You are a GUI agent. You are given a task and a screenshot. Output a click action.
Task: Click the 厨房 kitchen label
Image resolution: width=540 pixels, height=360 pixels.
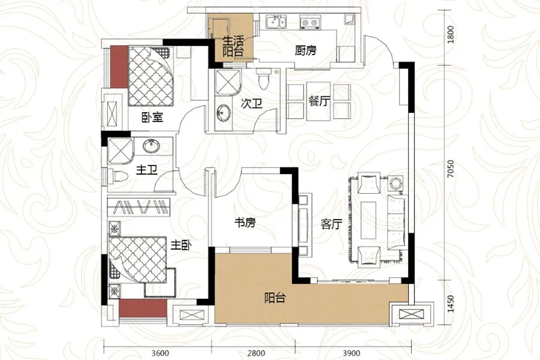(305, 50)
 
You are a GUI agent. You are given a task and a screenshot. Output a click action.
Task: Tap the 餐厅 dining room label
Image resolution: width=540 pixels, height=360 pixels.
(320, 101)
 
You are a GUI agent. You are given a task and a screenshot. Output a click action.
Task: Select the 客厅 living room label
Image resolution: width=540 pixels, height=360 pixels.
(331, 224)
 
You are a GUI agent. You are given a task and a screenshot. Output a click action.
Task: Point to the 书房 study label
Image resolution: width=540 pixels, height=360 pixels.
(245, 223)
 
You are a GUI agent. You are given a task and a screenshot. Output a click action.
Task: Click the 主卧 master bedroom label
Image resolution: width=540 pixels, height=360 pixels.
(181, 245)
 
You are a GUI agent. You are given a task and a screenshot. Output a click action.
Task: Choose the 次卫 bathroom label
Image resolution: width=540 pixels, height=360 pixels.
(251, 103)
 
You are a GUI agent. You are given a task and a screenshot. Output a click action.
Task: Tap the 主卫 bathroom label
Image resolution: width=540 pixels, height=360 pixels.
(147, 169)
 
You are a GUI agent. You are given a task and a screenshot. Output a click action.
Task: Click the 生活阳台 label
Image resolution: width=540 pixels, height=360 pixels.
(233, 46)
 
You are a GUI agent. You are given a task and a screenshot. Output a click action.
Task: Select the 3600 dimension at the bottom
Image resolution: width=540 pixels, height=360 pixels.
(160, 353)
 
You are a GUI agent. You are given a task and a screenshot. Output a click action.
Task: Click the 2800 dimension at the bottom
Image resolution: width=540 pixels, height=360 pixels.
(257, 353)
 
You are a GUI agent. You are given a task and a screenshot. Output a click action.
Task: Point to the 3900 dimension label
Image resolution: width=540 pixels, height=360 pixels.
(351, 353)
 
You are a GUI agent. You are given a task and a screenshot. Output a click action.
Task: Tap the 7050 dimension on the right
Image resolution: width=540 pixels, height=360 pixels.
(451, 169)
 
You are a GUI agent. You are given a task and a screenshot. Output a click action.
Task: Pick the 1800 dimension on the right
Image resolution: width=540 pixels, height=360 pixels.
(451, 34)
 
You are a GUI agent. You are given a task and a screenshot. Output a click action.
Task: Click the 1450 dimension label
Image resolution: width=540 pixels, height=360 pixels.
(451, 304)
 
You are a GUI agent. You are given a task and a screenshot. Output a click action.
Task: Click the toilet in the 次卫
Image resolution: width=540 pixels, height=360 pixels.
(263, 79)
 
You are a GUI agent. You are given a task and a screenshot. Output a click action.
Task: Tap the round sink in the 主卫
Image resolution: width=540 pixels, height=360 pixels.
(151, 146)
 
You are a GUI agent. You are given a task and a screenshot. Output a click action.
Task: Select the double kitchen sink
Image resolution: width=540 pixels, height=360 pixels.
(276, 22)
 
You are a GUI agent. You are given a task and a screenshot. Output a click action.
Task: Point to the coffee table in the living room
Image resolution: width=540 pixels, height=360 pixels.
(368, 220)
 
